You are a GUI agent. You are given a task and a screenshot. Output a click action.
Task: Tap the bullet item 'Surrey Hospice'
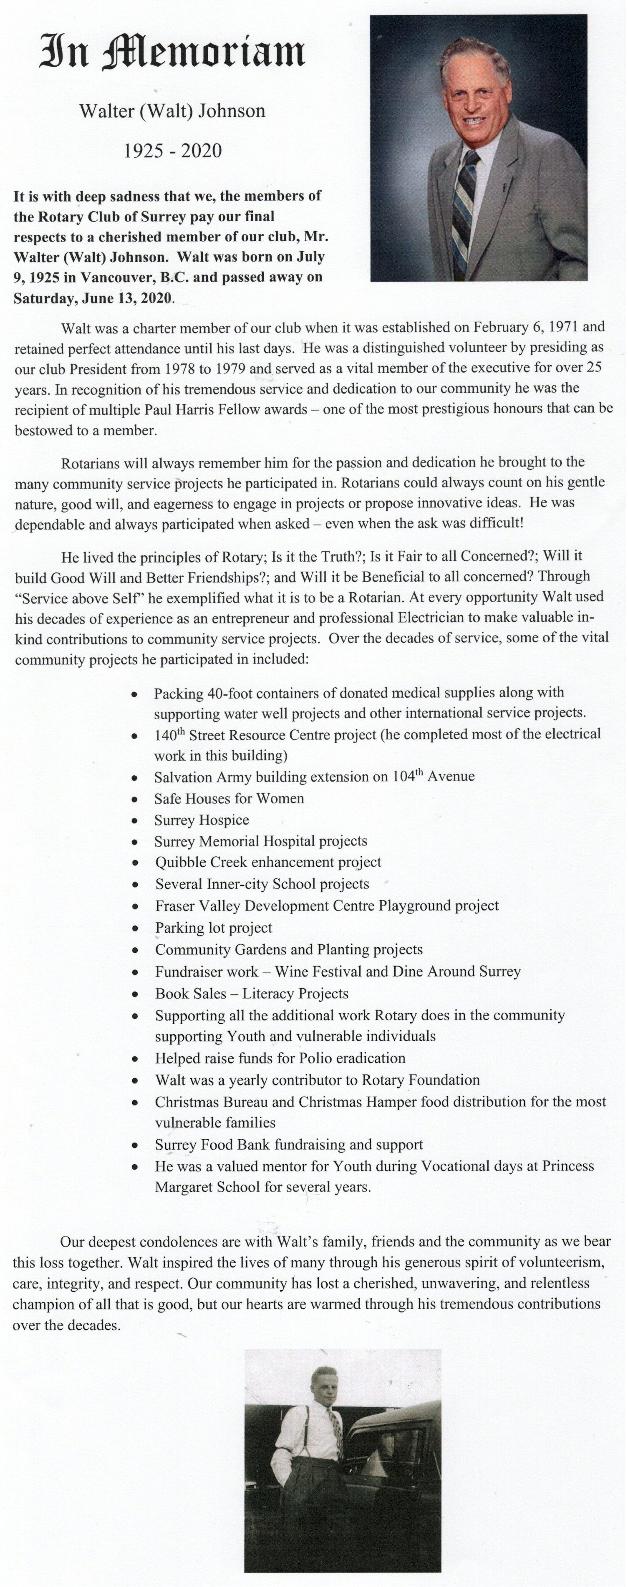pyautogui.click(x=202, y=820)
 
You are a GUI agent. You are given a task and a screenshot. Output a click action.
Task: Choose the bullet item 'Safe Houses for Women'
pyautogui.click(x=229, y=799)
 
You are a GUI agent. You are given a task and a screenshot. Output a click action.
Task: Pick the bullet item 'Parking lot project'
pyautogui.click(x=213, y=928)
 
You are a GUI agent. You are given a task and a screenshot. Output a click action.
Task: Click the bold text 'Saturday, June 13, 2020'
pyautogui.click(x=93, y=299)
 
